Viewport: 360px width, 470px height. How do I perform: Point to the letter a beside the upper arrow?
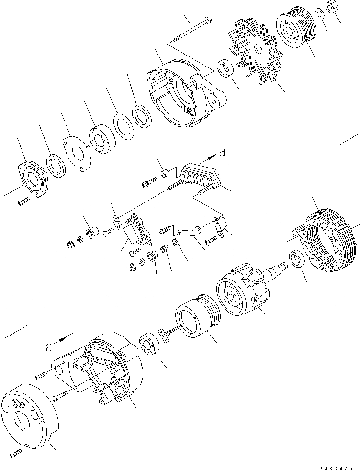tap(221, 152)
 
